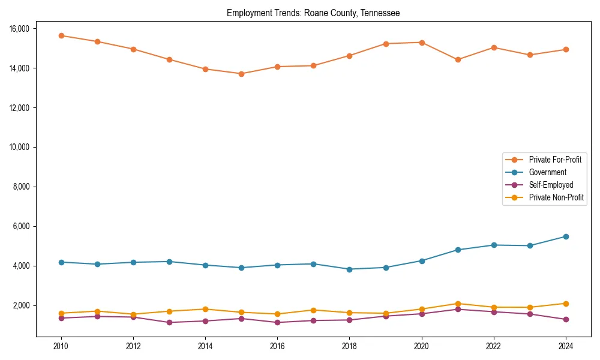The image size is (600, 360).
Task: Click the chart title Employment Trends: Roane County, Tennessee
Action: [x=313, y=13]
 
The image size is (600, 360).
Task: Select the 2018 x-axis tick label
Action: [x=349, y=346]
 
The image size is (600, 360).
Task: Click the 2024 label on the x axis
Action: [x=566, y=346]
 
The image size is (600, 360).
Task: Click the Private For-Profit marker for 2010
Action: [x=61, y=35]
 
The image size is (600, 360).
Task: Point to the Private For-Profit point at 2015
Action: [x=241, y=74]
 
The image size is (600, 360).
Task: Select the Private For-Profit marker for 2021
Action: [x=458, y=59]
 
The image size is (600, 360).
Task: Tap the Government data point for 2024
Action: [x=566, y=236]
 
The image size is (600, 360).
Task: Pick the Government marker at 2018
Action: [x=349, y=269]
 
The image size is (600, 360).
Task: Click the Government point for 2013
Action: [x=169, y=262]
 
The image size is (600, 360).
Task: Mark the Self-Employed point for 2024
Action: [x=566, y=319]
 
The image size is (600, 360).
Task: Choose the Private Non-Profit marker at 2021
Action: [x=458, y=304]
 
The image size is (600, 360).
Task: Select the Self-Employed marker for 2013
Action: [x=169, y=322]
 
